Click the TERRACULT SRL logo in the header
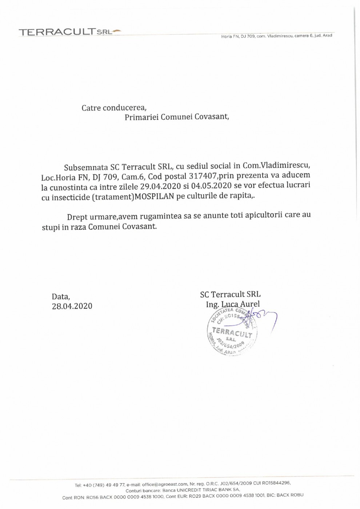69,32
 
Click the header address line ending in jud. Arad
276,36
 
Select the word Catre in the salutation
91,108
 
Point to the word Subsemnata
86,168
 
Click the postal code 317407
203,176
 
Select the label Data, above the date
61,297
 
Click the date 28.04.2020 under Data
72,306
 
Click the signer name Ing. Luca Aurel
233,304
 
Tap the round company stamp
232,331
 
